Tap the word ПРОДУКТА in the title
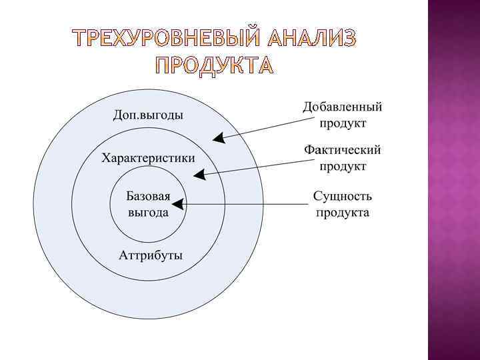[214, 65]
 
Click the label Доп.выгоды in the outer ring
[148, 115]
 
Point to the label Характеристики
[148, 158]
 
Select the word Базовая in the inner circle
[148, 198]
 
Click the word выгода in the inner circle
[148, 213]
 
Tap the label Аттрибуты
[151, 255]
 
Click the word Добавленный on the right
[343, 107]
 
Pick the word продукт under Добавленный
[343, 123]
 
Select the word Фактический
[343, 150]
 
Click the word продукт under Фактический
[343, 166]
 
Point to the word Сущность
[343, 197]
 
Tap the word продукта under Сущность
[343, 213]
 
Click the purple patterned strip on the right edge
[453, 180]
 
